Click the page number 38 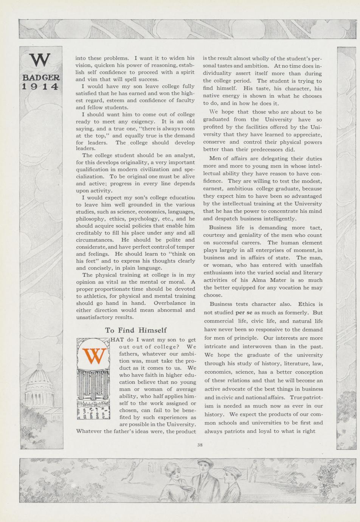pyautogui.click(x=200, y=445)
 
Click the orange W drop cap pyautogui.click(x=93, y=356)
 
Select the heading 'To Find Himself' pyautogui.click(x=136, y=330)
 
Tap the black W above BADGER pyautogui.click(x=40, y=60)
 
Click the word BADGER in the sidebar pyautogui.click(x=41, y=78)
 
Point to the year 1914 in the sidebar pyautogui.click(x=40, y=87)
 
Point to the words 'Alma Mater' pyautogui.click(x=267, y=280)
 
